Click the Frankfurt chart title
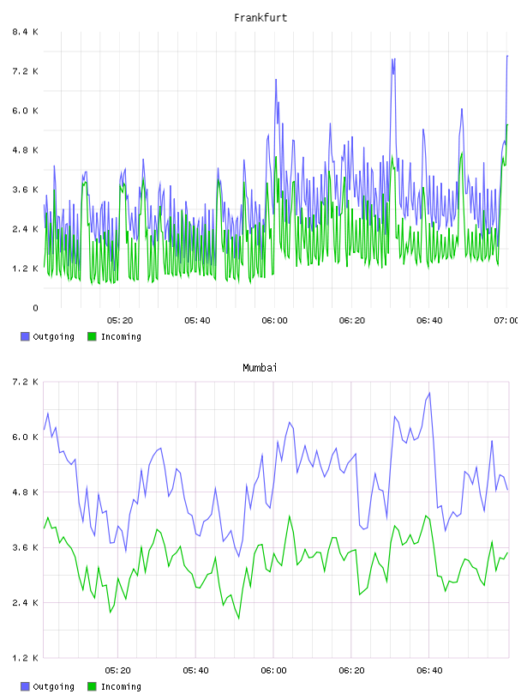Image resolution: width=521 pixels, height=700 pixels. (x=260, y=18)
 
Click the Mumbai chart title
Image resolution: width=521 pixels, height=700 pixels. (x=260, y=368)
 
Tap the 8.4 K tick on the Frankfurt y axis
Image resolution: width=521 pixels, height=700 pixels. (x=25, y=32)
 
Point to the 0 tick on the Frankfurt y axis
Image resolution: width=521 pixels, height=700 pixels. (x=35, y=308)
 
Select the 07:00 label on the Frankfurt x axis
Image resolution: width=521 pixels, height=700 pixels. (x=506, y=321)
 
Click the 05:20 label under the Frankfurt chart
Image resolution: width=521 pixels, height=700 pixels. (x=120, y=321)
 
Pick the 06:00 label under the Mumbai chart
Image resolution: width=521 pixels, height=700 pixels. (x=273, y=671)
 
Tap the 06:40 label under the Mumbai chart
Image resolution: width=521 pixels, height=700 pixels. (x=429, y=671)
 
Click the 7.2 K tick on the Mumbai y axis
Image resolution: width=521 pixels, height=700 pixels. (x=25, y=382)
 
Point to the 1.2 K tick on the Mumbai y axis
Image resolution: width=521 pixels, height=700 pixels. (x=25, y=658)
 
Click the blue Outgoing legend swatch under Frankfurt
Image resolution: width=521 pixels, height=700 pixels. (x=25, y=336)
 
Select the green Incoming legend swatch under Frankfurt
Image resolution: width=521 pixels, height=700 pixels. (x=92, y=336)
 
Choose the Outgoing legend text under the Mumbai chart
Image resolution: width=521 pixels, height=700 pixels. (x=53, y=686)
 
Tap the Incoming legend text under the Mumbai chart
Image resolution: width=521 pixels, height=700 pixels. (x=121, y=686)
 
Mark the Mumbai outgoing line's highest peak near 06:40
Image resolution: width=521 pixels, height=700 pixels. (x=429, y=393)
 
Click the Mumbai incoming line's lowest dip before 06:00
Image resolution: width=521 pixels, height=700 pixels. (x=238, y=619)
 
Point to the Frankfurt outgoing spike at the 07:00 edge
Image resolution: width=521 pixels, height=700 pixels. (x=507, y=57)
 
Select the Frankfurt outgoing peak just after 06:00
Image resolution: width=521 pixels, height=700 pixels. (x=276, y=80)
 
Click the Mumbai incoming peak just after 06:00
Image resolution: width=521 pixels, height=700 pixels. (x=289, y=516)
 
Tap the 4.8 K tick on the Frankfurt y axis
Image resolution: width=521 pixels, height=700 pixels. (x=25, y=150)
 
